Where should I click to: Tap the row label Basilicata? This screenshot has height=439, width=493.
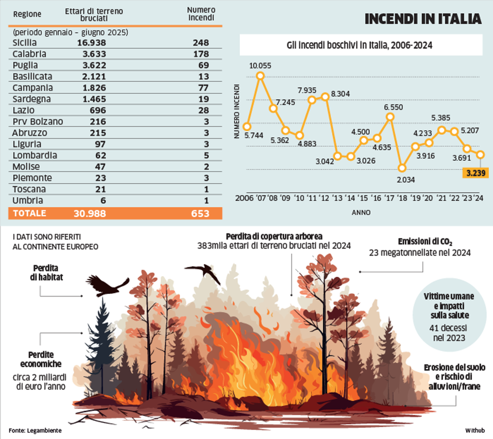point(32,76)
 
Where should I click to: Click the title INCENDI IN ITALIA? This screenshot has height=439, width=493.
point(423,19)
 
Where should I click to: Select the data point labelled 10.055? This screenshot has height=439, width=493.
point(260,76)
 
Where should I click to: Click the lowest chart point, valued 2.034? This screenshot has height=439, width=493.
point(402,167)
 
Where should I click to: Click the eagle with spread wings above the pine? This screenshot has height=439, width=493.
point(107,286)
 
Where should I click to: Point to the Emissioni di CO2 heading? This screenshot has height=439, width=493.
point(425,242)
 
